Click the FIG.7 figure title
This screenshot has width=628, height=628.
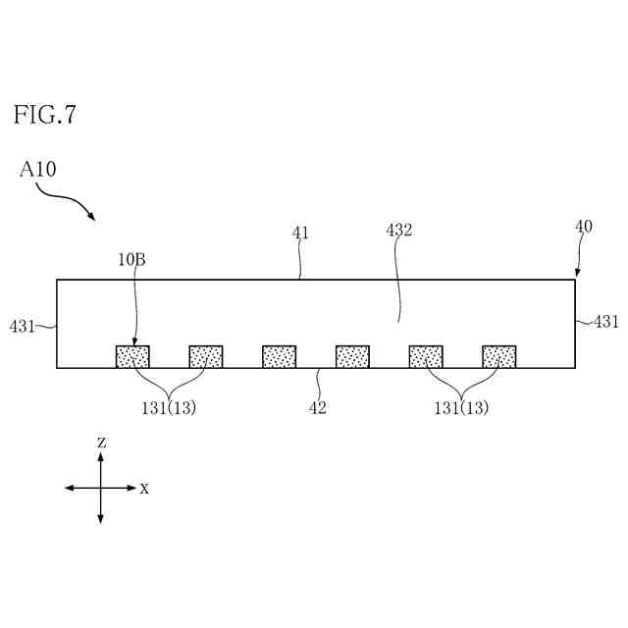point(44,115)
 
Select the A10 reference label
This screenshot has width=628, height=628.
point(38,170)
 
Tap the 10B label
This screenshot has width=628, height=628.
point(132,261)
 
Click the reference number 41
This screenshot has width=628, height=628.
point(300,233)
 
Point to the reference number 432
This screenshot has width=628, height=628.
point(398,231)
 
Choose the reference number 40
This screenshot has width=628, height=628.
point(583,227)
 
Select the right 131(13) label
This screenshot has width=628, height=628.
point(461,408)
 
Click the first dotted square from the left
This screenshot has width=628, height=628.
point(132,356)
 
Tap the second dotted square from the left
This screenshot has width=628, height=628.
point(206,356)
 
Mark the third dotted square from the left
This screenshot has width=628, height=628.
point(280,356)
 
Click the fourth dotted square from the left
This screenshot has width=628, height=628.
point(352,356)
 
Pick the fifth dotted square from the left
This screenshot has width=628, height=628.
point(426,356)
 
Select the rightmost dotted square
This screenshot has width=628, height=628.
point(499,356)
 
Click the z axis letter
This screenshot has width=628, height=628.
point(101,443)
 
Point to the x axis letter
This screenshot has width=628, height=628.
point(144,488)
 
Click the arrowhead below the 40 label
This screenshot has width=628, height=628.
point(577,273)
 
